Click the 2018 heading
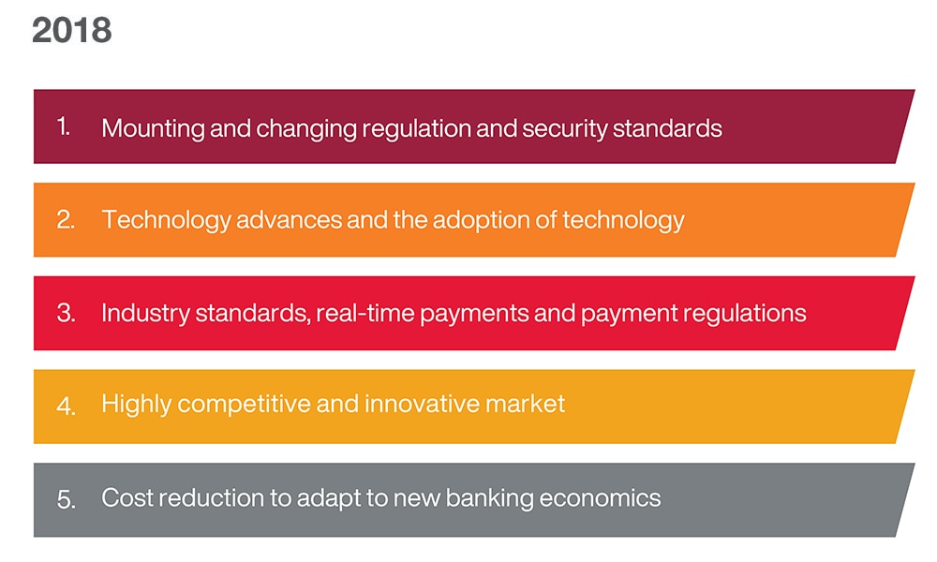pos(72,30)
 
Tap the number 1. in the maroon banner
pos(64,126)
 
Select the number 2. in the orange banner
pos(66,220)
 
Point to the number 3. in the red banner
pos(66,313)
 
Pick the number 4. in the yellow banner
pos(66,407)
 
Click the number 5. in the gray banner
pos(66,499)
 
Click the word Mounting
pos(153,127)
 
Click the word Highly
pos(136,406)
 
